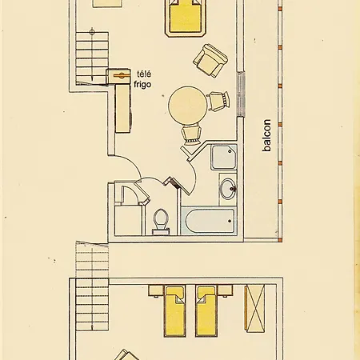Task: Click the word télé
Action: click(x=142, y=74)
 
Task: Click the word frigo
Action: click(x=142, y=84)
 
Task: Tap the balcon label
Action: click(x=266, y=135)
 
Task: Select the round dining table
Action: click(x=188, y=106)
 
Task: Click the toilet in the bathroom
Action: click(x=161, y=221)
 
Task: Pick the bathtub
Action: click(x=209, y=221)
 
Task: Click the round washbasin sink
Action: click(x=228, y=189)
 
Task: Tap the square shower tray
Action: click(x=224, y=157)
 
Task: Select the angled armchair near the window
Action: click(x=210, y=61)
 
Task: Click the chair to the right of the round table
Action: click(x=218, y=101)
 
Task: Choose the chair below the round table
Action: click(x=191, y=135)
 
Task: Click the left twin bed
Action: click(x=174, y=311)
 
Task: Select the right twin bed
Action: click(x=206, y=311)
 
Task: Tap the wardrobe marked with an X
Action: click(x=255, y=309)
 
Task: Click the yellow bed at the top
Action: click(x=186, y=18)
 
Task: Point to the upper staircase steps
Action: click(x=92, y=58)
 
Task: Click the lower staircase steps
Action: click(x=92, y=286)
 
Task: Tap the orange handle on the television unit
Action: click(x=122, y=75)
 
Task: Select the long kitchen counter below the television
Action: click(x=123, y=109)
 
